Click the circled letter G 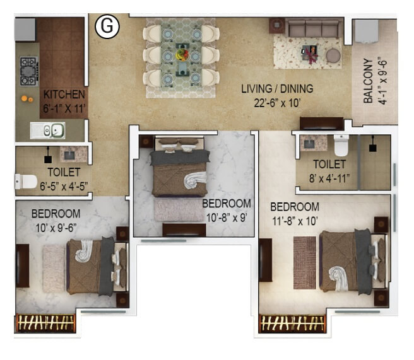click(107, 26)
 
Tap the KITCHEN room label click(64, 95)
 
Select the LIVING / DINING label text click(277, 88)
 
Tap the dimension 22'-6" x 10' click(277, 102)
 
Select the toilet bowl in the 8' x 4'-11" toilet click(341, 146)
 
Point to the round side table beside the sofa click(333, 55)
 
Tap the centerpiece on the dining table click(182, 54)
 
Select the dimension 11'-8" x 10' click(294, 221)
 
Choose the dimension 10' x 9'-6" click(56, 226)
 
